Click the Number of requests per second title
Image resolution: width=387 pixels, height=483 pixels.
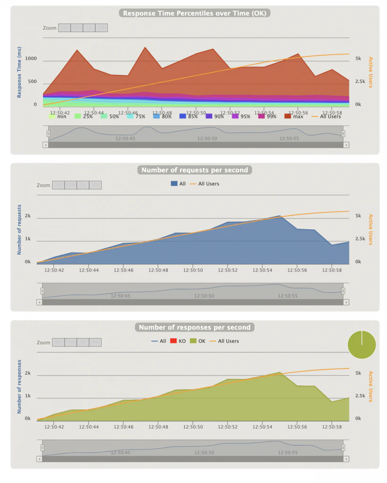point(195,170)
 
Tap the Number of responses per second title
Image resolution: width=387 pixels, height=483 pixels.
point(194,327)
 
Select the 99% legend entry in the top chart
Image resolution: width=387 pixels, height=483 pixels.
point(267,116)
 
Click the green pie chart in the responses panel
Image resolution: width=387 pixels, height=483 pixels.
point(361,345)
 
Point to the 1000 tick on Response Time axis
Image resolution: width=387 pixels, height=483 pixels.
point(31,59)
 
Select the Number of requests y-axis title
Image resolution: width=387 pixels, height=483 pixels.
point(20,230)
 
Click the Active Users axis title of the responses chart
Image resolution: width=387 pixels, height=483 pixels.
point(370,386)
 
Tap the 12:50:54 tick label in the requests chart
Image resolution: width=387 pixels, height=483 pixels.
point(262,270)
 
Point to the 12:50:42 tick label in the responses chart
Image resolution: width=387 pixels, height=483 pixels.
point(54,427)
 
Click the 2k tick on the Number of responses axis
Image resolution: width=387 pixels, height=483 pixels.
point(28,373)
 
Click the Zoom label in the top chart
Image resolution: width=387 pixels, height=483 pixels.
point(50,28)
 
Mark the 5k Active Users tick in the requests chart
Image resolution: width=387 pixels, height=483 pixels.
point(358,216)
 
